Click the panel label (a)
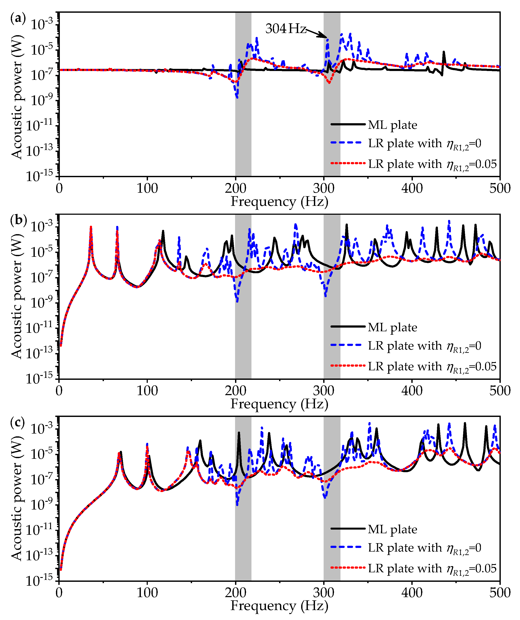18,18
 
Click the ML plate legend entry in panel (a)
392,125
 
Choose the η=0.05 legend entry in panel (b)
432,366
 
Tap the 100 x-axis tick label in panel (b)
147,391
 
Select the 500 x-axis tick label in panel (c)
500,593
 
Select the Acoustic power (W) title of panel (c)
17,499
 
